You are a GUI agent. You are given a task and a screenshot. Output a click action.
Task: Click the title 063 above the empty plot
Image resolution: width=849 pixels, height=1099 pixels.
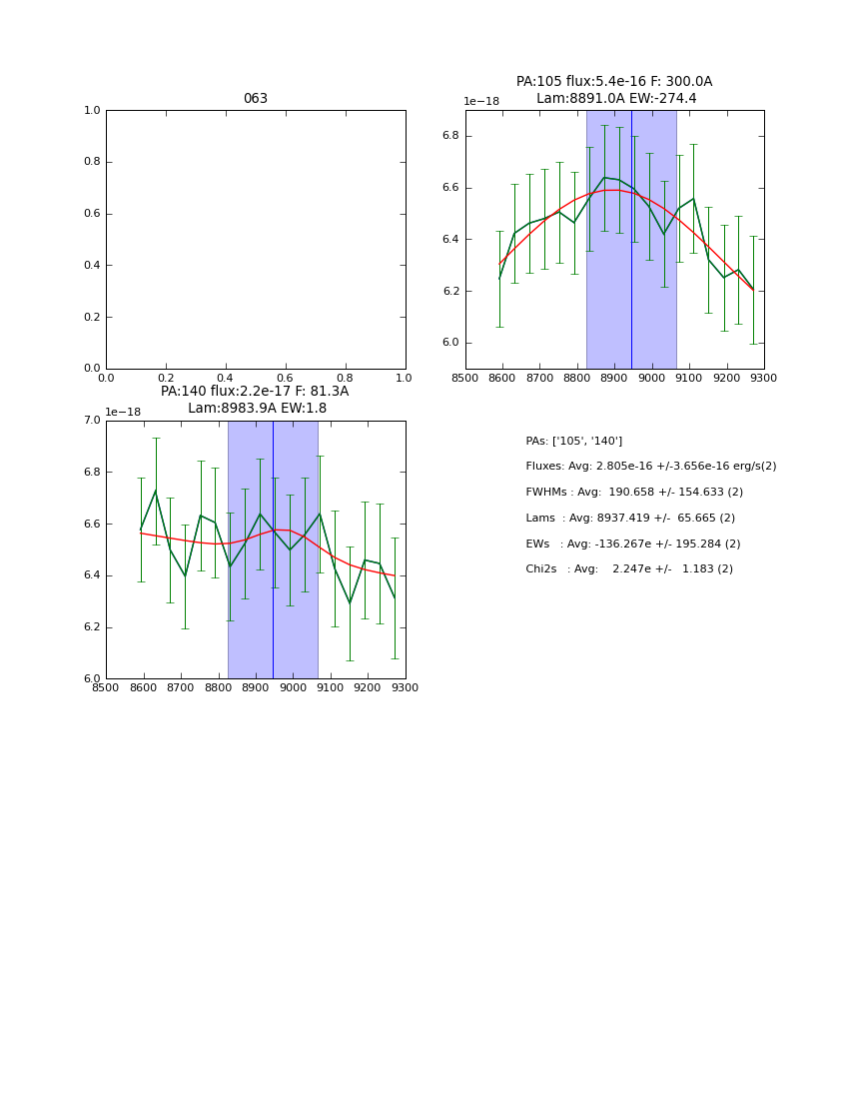pos(255,99)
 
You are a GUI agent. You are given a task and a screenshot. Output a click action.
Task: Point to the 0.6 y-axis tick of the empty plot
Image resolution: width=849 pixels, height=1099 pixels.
pos(93,214)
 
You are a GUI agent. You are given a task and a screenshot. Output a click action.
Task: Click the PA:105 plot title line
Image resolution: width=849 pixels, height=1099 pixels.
pos(613,82)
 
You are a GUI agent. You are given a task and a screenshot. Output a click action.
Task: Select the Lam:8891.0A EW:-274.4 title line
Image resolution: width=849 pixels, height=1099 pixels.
pos(615,98)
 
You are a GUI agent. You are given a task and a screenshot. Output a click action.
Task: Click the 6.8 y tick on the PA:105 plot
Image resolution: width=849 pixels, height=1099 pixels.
pos(451,136)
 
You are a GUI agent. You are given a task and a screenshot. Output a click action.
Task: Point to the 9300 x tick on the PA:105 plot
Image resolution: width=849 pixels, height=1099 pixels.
pos(764,378)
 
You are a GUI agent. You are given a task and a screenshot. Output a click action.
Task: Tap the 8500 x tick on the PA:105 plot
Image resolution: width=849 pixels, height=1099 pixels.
pos(465,378)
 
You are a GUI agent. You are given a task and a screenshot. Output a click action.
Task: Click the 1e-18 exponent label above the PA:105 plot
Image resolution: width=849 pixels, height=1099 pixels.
pos(480,101)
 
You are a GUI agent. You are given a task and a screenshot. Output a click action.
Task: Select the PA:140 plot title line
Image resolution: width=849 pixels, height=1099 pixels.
pos(255,392)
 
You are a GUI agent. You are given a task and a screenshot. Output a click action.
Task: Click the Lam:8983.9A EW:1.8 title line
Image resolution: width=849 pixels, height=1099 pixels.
pos(257,408)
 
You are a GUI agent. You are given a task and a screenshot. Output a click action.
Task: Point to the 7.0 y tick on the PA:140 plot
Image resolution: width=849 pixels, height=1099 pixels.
pos(93,421)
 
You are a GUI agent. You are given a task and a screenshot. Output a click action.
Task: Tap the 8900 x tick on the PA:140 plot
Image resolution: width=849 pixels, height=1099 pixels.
pos(256,687)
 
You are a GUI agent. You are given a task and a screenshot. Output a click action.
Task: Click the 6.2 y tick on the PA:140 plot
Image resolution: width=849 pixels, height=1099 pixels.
pos(93,627)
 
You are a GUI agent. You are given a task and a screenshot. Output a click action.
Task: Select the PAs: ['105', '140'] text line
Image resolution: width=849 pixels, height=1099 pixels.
pos(573,441)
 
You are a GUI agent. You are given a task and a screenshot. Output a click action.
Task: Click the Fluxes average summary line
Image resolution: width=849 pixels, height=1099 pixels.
pos(650,467)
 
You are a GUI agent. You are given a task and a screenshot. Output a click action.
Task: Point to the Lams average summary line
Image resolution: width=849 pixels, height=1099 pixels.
pos(629,518)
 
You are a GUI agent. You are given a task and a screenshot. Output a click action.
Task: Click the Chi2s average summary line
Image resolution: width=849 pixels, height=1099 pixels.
pos(628,568)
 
